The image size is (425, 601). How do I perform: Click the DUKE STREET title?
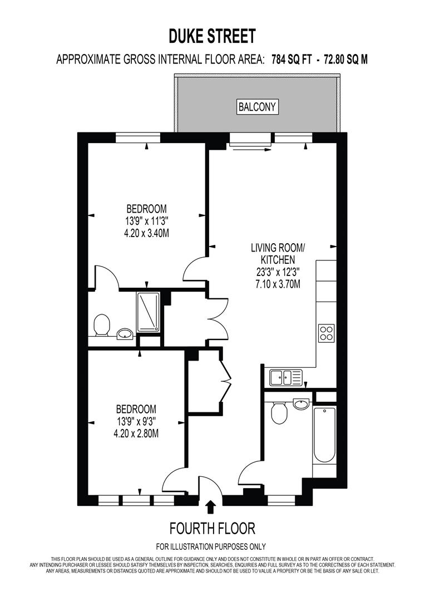[x=212, y=37]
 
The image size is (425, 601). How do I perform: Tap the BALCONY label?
[x=257, y=107]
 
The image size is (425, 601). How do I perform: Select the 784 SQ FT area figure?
[x=291, y=60]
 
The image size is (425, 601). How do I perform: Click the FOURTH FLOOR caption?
[x=212, y=528]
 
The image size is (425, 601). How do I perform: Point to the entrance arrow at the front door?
[x=210, y=507]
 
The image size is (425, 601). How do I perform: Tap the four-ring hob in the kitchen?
[x=325, y=333]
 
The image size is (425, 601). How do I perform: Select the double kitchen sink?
[x=285, y=378]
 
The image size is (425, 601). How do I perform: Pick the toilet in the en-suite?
[x=102, y=325]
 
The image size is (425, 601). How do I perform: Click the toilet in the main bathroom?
[x=279, y=412]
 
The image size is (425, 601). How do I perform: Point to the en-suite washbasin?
[x=125, y=334]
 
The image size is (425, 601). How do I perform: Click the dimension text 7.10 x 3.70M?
[x=278, y=284]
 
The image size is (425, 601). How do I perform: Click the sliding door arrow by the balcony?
[x=250, y=149]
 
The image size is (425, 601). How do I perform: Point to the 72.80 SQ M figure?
[x=343, y=60]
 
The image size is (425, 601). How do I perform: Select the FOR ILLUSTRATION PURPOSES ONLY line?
[x=211, y=546]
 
